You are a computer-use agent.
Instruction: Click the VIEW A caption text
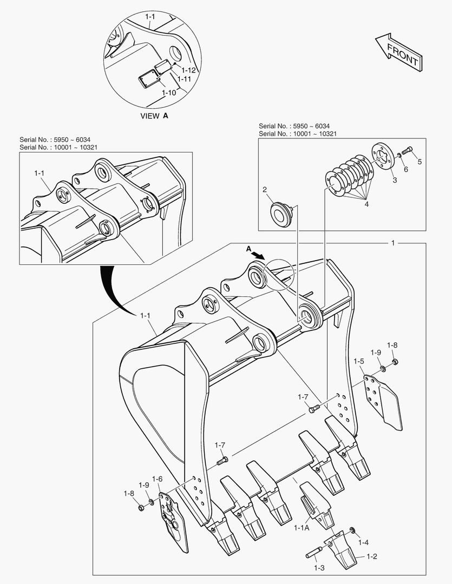154,116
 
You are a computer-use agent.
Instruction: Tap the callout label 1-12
188,70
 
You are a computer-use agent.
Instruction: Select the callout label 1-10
169,92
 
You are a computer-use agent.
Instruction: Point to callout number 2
265,189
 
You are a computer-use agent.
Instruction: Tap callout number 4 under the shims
366,204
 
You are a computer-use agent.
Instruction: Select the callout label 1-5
358,361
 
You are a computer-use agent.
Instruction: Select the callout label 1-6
158,479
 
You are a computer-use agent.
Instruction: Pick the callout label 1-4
363,542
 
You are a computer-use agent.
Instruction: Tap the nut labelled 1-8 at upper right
394,361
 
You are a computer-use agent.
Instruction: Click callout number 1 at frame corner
393,243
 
